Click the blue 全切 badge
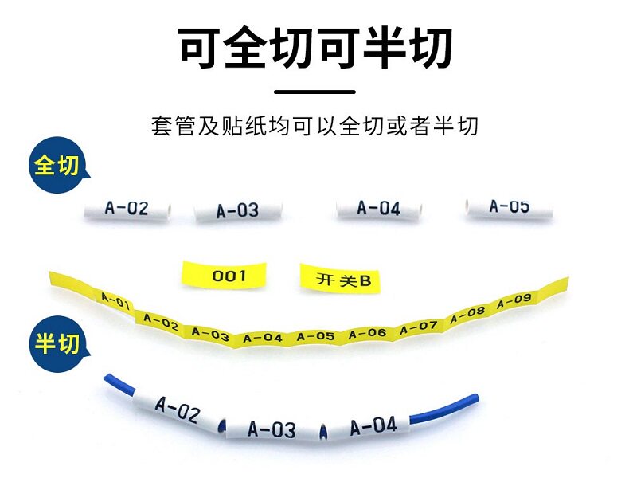click(x=58, y=165)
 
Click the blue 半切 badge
click(x=58, y=343)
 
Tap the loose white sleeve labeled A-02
click(x=127, y=209)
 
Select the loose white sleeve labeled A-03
click(x=238, y=210)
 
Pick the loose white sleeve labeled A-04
click(x=379, y=208)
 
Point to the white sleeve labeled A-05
click(x=509, y=207)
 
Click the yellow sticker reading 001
click(x=225, y=275)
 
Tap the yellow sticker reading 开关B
click(x=340, y=279)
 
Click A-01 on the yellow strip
click(x=115, y=301)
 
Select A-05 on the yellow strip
click(x=315, y=336)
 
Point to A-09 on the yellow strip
click(x=514, y=301)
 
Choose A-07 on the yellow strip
click(x=418, y=328)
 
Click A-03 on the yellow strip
click(x=210, y=334)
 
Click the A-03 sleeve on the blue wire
click(x=272, y=429)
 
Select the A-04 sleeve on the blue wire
click(x=369, y=425)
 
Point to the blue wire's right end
click(x=476, y=398)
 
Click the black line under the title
click(x=315, y=92)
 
